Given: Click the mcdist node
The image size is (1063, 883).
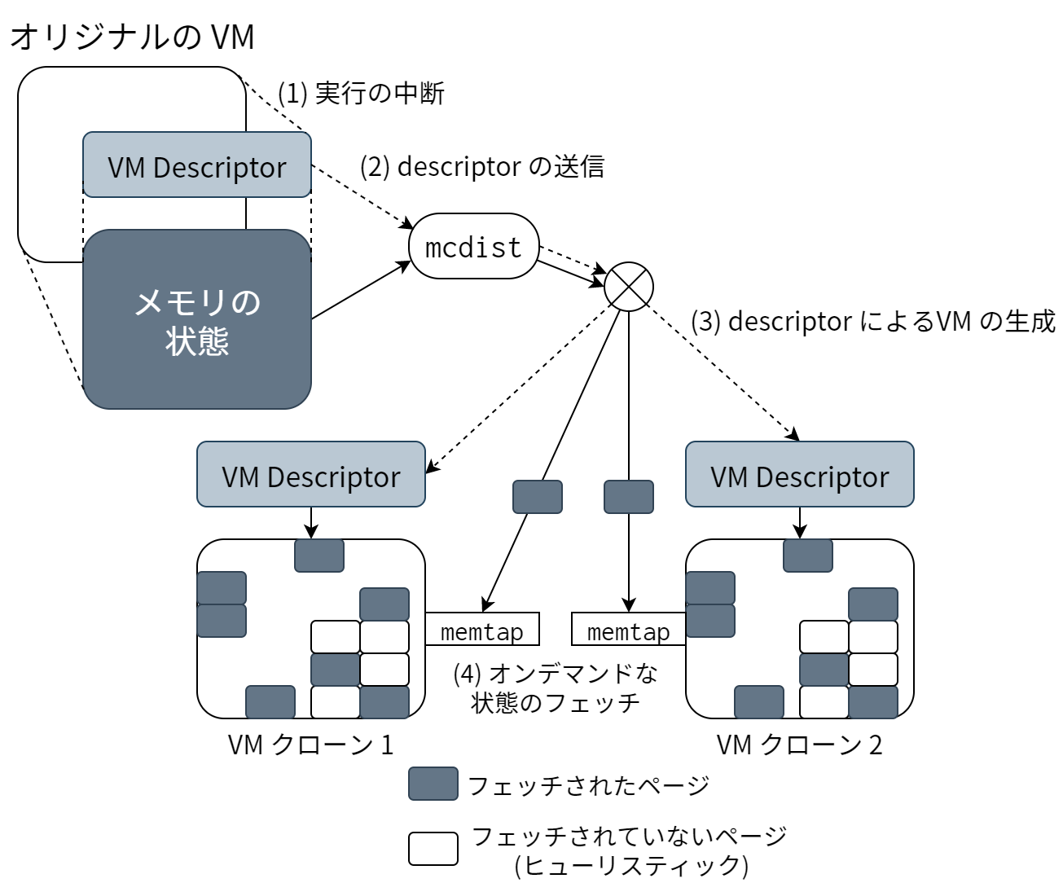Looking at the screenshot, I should (x=473, y=246).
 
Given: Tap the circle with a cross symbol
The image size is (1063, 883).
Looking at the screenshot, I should (x=629, y=287).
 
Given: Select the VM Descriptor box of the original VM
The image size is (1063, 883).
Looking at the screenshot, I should (x=197, y=165).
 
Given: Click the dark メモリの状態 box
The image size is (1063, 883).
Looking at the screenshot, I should (x=197, y=320).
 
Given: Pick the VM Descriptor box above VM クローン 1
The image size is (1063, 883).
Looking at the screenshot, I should (x=311, y=475).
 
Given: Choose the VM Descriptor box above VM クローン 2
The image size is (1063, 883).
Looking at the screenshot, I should (x=800, y=475).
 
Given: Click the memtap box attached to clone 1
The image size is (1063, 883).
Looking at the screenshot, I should (x=482, y=630).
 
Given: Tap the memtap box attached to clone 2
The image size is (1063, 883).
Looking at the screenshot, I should (x=628, y=630).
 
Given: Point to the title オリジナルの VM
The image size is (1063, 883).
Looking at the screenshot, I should (x=133, y=37).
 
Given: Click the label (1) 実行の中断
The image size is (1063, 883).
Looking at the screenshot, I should (x=361, y=94).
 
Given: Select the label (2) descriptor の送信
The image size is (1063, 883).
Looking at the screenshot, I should (x=482, y=166).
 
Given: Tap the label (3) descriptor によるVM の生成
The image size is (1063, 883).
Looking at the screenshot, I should (x=872, y=322).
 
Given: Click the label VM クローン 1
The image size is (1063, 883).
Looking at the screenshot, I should (x=311, y=745).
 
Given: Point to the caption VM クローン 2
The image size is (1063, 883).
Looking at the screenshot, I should (x=800, y=745).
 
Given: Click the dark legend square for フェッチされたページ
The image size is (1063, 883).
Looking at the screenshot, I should (x=433, y=784).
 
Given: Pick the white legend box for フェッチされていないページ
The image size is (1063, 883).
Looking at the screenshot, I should (x=433, y=849).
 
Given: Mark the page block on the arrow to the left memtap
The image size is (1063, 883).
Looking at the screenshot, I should (x=538, y=497).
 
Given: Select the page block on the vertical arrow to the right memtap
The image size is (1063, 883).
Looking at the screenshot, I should (x=629, y=497).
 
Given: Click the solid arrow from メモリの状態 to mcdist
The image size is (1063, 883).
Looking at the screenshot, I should (x=360, y=291).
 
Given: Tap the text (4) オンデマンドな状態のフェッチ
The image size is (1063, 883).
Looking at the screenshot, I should (x=556, y=688).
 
